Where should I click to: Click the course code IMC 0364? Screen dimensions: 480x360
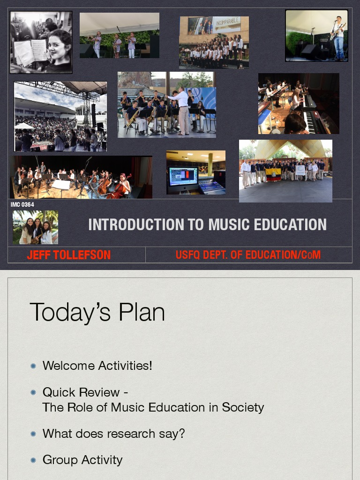click(22, 204)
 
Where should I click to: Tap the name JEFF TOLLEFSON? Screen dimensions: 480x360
click(69, 255)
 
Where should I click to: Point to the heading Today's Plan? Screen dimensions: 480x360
click(97, 312)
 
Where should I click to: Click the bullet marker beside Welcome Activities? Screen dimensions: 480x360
click(33, 366)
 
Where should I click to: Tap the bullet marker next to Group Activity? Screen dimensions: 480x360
click(33, 460)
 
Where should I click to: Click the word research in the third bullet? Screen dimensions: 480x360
click(132, 434)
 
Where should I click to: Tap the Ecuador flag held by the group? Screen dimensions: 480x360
click(273, 174)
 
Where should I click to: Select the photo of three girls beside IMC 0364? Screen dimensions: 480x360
click(36, 227)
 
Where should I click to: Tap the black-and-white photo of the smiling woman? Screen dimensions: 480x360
click(41, 42)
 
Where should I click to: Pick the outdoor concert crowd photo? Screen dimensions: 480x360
click(60, 117)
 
